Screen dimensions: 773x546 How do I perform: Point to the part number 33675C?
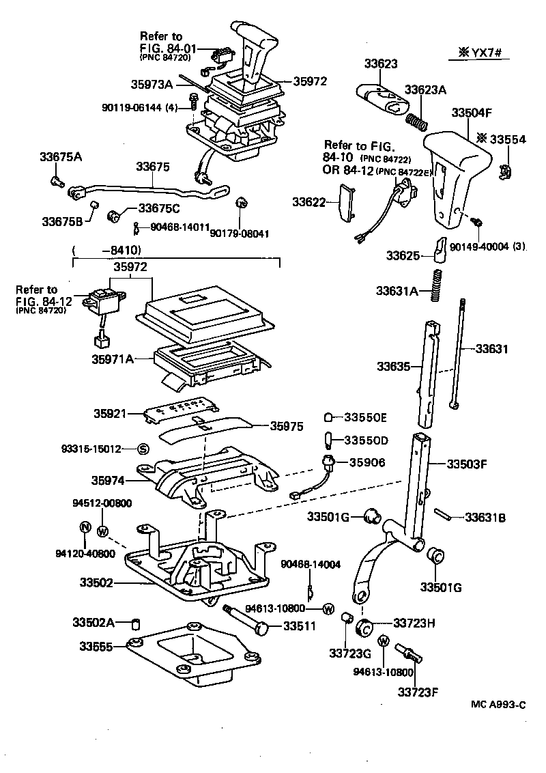159,208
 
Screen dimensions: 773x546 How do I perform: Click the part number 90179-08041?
239,234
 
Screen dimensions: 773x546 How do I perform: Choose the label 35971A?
113,358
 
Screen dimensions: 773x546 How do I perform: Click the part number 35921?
111,414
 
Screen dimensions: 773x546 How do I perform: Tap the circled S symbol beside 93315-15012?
143,449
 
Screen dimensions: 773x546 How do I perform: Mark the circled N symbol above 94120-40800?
85,527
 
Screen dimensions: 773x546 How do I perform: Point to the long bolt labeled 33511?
246,619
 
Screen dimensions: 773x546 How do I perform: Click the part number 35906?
367,462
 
